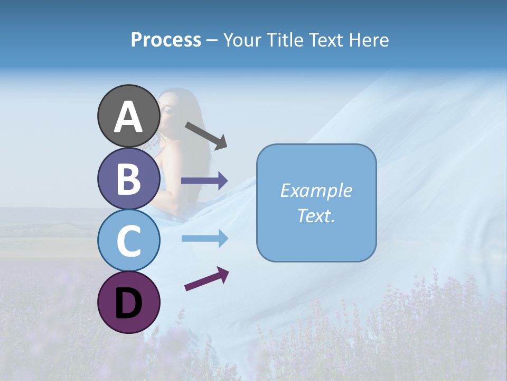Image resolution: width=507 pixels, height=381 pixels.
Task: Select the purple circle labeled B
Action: point(128,178)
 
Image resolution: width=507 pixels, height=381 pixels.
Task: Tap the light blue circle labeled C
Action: point(128,240)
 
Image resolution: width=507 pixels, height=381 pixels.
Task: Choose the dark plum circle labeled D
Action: point(128,302)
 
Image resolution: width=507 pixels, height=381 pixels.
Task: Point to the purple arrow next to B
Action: point(204,180)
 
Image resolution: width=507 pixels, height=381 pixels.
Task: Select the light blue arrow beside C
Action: point(204,239)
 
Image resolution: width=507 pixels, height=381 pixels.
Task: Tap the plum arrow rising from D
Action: point(206,279)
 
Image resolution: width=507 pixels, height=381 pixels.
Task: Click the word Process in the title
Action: point(166,40)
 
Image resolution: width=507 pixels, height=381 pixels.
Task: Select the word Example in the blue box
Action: point(316,190)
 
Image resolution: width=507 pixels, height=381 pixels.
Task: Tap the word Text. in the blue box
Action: point(316,215)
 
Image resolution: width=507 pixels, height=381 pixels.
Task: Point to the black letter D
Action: point(128,303)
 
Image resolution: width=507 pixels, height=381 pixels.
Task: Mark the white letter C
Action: point(128,241)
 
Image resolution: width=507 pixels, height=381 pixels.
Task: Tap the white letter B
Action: point(128,179)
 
